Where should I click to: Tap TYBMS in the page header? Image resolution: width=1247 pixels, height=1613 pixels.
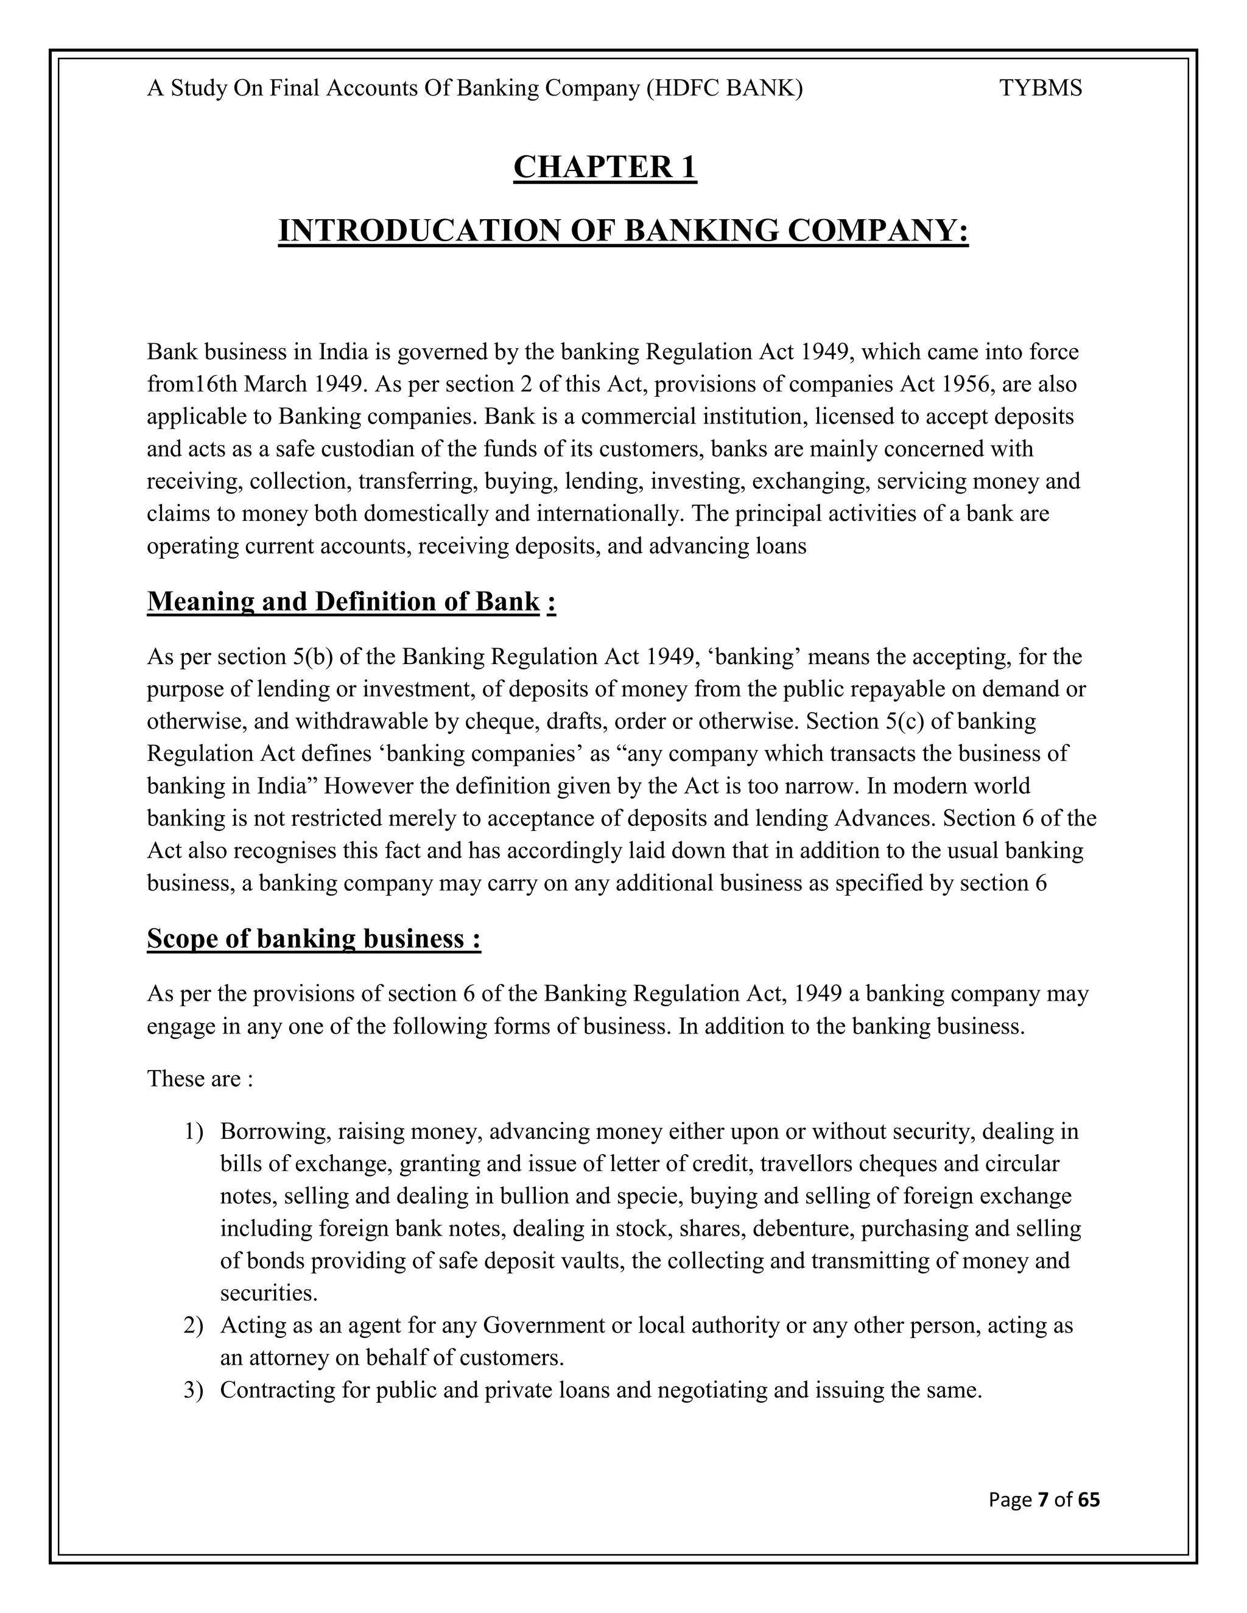[1040, 89]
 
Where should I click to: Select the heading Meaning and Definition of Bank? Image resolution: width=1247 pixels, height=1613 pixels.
[343, 602]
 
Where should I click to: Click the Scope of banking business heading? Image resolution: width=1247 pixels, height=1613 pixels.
[314, 939]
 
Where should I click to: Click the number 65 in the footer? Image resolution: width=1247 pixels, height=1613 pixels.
[1088, 1500]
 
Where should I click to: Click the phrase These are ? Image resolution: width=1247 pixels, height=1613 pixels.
[200, 1079]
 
